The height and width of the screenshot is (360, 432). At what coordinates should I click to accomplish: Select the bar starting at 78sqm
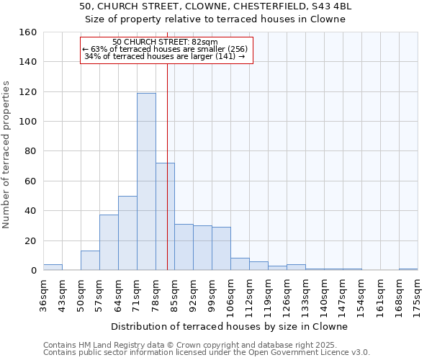(x=165, y=216)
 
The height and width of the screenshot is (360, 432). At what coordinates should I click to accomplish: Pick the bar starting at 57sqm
(x=109, y=242)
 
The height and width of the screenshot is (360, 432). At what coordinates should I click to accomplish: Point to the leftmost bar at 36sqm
(x=53, y=267)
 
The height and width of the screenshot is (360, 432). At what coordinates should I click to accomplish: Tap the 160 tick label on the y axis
(x=27, y=32)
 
